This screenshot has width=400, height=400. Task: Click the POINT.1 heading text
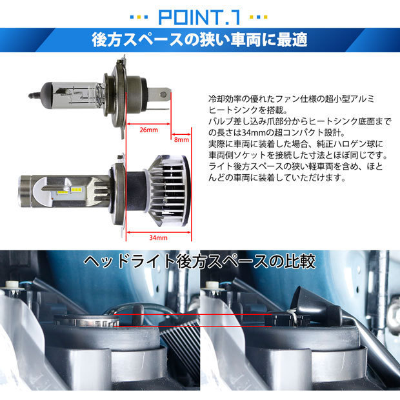(x=199, y=17)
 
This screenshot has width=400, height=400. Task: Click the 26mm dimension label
(x=149, y=130)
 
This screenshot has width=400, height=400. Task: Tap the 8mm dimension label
(x=181, y=140)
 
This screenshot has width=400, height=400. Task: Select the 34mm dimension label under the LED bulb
(x=158, y=238)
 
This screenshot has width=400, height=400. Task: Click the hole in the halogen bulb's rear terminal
(x=163, y=95)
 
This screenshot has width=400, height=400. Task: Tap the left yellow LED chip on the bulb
(x=62, y=192)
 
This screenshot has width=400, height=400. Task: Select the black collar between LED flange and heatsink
(x=135, y=190)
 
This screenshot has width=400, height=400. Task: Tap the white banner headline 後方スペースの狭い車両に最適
(x=199, y=40)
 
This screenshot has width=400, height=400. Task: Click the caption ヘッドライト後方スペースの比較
(x=199, y=262)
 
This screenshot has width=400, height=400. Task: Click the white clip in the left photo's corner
(x=12, y=285)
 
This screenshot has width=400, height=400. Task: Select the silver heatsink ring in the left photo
(x=86, y=321)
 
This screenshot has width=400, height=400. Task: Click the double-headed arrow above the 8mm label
(x=181, y=134)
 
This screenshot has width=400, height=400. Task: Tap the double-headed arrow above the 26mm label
(x=148, y=125)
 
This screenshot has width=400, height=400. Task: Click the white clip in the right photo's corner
(x=212, y=285)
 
